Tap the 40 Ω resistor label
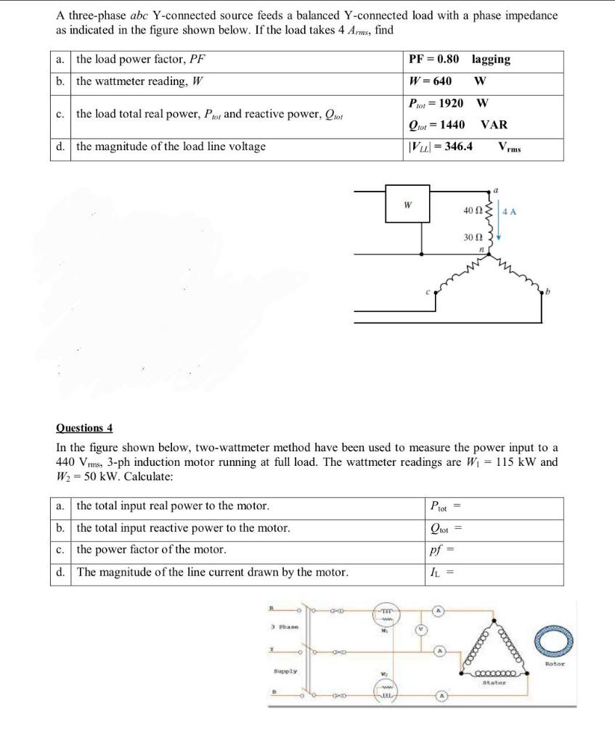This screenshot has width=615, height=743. click(x=472, y=210)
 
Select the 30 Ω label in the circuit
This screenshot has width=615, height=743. click(x=472, y=237)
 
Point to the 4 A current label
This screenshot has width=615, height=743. click(x=509, y=212)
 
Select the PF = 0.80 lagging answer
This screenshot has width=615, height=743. click(x=460, y=59)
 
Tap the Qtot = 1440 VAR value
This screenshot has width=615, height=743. click(x=458, y=125)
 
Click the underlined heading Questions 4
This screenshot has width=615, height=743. click(x=84, y=428)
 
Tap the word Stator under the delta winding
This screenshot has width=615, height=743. click(x=494, y=682)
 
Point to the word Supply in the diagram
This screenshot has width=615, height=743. click(x=285, y=672)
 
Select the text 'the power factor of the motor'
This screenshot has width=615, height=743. click(x=151, y=550)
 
